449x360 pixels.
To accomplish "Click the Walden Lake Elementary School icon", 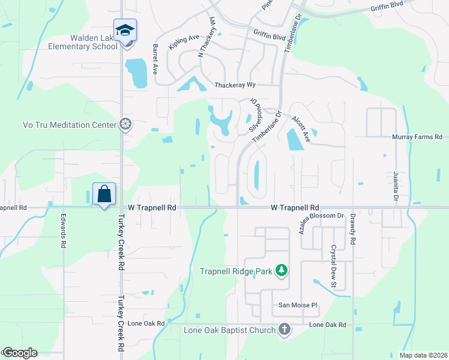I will click(125, 30).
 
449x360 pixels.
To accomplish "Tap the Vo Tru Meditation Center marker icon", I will click(125, 125).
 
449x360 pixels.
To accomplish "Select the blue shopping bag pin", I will click(104, 194).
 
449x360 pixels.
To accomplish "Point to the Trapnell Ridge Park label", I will click(237, 271).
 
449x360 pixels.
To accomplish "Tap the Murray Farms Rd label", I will click(417, 137).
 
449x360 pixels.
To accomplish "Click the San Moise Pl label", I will click(297, 305).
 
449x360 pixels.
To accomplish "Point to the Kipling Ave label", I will click(184, 42).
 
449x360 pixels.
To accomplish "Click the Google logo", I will click(20, 353).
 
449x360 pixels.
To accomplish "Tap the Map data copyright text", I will click(423, 355).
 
